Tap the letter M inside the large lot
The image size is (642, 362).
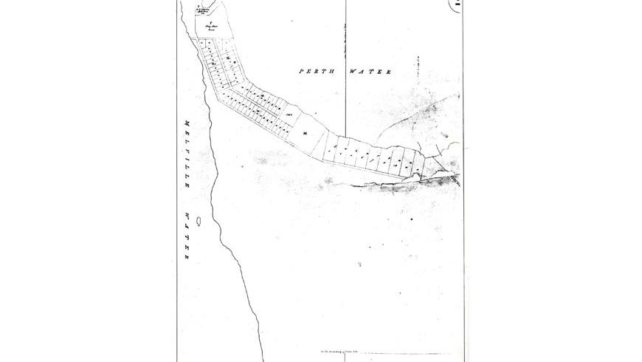(305, 132)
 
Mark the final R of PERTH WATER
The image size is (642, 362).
(388, 72)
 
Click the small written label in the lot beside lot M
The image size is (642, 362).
(290, 115)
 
